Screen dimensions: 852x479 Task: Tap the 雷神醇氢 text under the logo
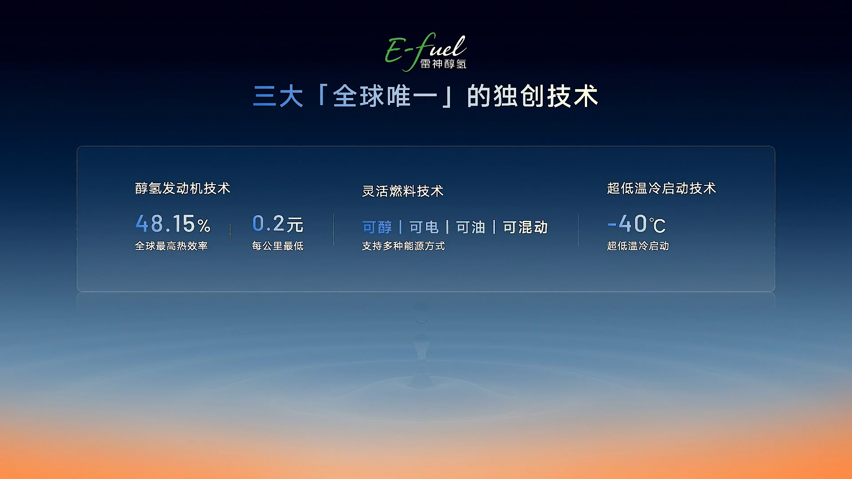coord(443,64)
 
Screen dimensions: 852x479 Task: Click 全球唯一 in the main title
coord(385,96)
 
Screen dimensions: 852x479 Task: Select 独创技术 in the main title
coord(546,96)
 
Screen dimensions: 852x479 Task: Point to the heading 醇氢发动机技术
coord(183,188)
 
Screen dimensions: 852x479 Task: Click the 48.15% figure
coord(173,224)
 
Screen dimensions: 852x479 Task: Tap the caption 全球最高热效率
coord(171,246)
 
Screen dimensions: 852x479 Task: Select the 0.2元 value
coord(278,224)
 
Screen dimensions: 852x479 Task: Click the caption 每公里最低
coord(278,246)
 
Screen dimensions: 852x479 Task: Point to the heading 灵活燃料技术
coord(403,191)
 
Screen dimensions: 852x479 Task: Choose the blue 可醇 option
coord(377,228)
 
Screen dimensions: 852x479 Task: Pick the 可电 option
coord(424,228)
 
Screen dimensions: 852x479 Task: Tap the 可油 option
coord(471,228)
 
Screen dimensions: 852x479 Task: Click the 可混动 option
coord(525,228)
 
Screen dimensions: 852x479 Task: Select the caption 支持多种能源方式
coord(403,246)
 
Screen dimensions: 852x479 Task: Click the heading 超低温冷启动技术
coord(662,188)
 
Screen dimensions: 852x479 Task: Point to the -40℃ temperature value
coord(636,224)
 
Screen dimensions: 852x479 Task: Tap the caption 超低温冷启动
coord(638,246)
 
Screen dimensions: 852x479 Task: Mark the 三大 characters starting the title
coord(278,96)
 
